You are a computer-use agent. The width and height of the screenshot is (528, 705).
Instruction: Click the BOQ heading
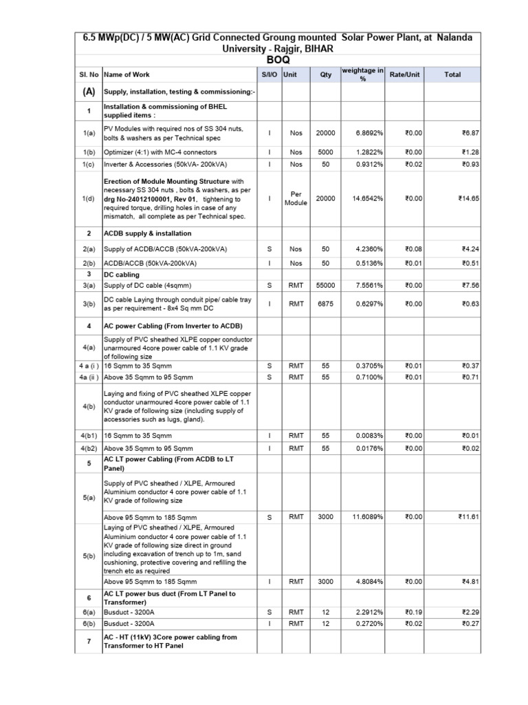274,60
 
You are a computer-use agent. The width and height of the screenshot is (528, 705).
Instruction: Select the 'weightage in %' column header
363,74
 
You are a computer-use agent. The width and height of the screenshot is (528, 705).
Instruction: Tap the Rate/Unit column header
404,74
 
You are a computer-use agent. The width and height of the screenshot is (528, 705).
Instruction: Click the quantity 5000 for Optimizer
325,152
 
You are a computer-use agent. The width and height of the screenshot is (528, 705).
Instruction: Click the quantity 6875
325,303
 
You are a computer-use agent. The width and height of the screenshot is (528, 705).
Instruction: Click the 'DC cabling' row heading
121,275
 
